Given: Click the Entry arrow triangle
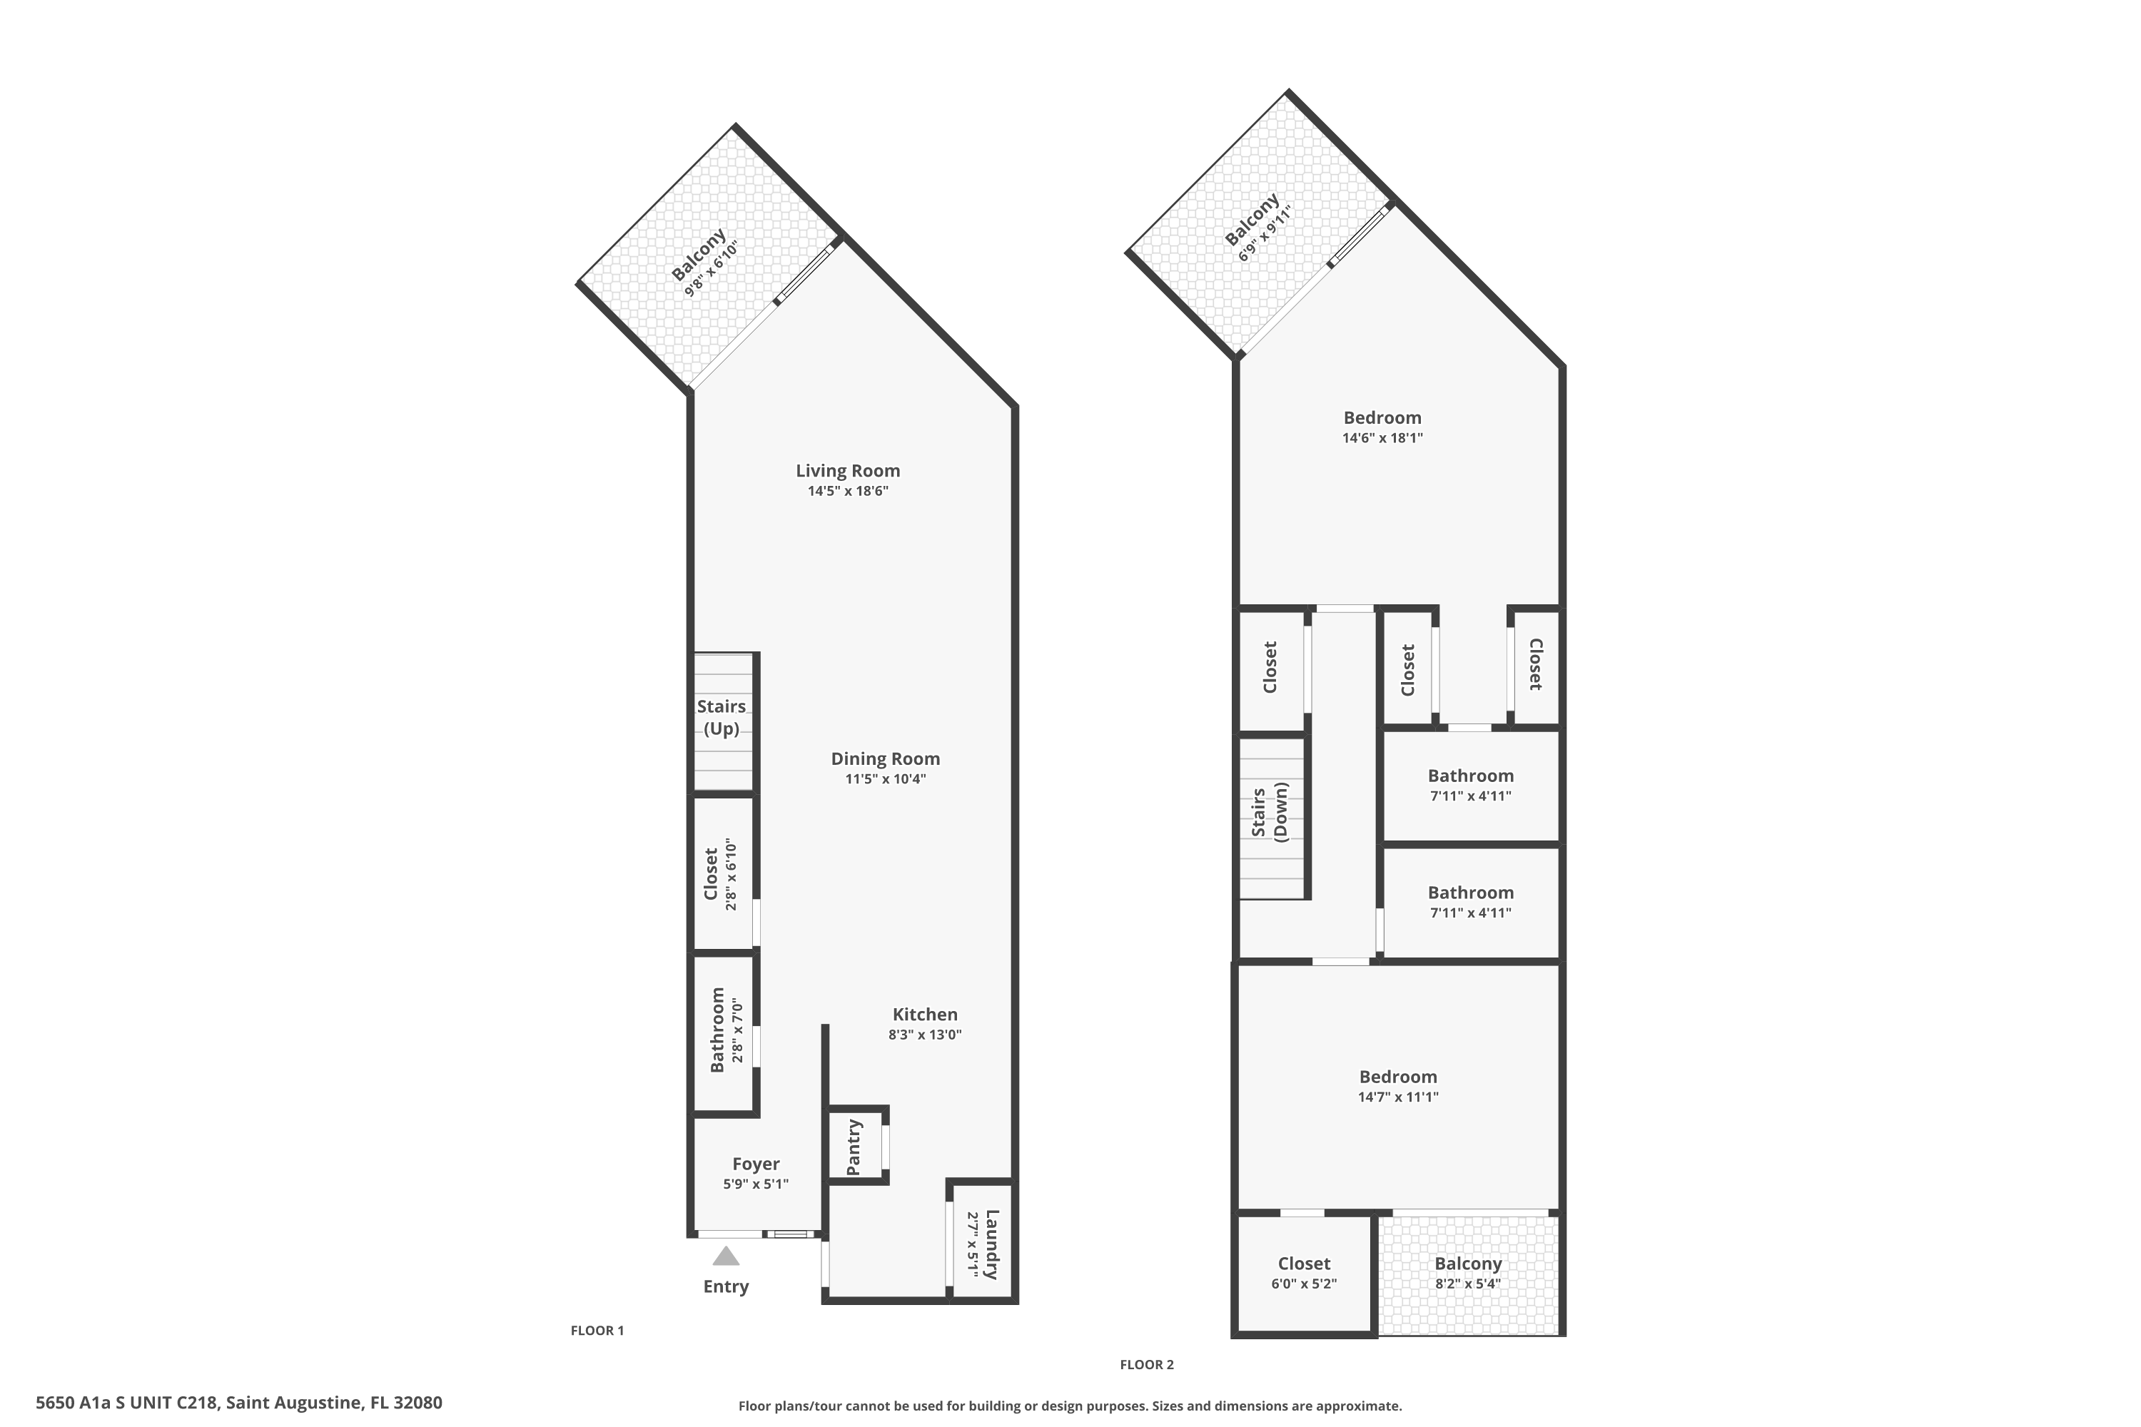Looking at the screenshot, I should point(726,1256).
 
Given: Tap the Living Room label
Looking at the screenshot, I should point(848,470).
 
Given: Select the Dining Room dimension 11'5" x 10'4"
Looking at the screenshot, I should point(885,779).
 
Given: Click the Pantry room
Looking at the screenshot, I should point(855,1146).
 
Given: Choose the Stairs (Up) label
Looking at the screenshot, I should point(722,717).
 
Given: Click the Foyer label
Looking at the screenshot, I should point(756,1164).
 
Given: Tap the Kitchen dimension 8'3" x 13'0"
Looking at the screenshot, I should point(925,1035).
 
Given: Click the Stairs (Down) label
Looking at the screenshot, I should point(1270,813).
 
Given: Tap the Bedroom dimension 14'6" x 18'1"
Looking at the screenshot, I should point(1382,438).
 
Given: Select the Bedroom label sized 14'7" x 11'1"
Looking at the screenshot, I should point(1397,1077).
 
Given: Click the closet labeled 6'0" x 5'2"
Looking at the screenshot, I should point(1304,1273).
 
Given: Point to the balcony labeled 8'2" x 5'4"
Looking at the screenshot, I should point(1467,1273).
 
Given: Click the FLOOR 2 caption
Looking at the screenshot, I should point(1146,1364).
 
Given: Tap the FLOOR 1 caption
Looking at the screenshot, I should point(597,1331).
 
